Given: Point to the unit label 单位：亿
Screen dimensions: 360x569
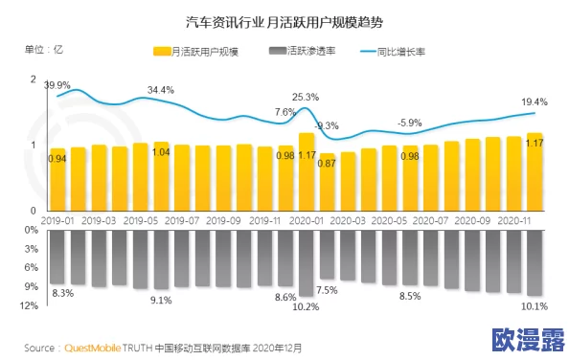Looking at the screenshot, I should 44,49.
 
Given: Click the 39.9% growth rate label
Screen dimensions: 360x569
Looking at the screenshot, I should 57,84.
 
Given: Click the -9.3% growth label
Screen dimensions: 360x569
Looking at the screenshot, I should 327,126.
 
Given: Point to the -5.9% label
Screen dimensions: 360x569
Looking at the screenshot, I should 410,123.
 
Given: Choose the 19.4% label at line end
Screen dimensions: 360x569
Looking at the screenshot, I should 535,102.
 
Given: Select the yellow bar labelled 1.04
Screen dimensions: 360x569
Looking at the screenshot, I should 161,176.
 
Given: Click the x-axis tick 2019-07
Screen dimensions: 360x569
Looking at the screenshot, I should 182,219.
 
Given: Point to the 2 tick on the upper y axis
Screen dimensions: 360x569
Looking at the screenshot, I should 34,79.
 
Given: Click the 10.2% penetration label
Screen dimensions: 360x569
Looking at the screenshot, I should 306,307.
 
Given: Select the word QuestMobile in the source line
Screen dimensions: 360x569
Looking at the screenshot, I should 93,347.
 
